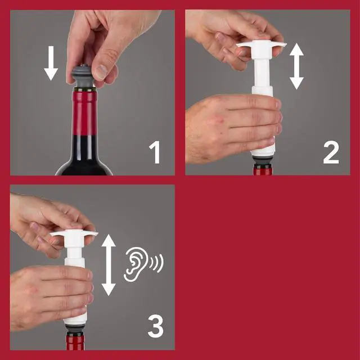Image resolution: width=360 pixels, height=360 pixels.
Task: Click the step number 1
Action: point(154,152)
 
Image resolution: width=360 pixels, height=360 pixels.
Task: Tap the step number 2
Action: point(331,152)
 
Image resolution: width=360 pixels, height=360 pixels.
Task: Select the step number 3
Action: point(155,326)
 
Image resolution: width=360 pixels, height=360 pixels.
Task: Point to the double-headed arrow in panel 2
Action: point(297,66)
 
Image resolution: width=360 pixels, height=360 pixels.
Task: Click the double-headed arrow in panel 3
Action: point(109,265)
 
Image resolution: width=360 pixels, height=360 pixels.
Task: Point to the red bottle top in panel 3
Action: point(74,343)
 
